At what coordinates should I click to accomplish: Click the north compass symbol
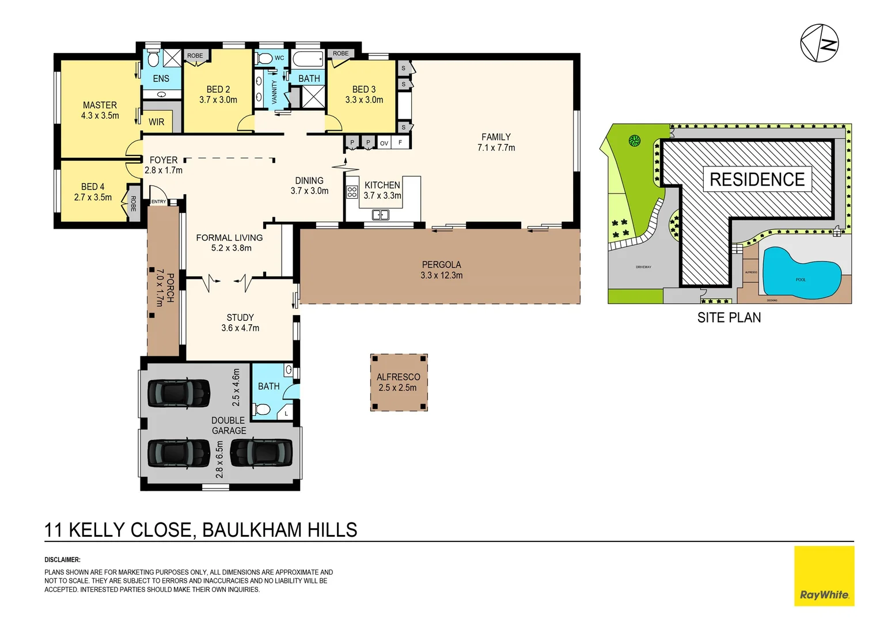point(819,43)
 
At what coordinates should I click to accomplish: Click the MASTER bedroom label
point(100,105)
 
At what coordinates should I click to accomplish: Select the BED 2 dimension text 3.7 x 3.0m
point(218,100)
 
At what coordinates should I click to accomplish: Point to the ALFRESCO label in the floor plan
point(398,377)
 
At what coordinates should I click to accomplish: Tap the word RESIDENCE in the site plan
point(757,180)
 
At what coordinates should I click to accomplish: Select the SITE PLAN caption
point(729,318)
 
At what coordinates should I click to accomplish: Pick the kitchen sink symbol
point(380,215)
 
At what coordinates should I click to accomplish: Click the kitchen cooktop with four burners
point(352,192)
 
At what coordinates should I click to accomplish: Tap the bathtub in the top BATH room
point(308,59)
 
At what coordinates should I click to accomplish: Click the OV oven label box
point(384,143)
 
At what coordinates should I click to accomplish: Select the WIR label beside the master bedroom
point(156,122)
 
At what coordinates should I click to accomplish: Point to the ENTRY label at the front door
point(158,202)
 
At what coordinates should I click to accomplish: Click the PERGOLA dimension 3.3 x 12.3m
point(441,276)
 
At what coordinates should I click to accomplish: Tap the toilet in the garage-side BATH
point(263,409)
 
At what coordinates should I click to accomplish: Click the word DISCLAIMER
point(62,560)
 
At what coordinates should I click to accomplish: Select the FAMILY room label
point(496,137)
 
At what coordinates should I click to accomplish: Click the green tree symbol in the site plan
point(634,141)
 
